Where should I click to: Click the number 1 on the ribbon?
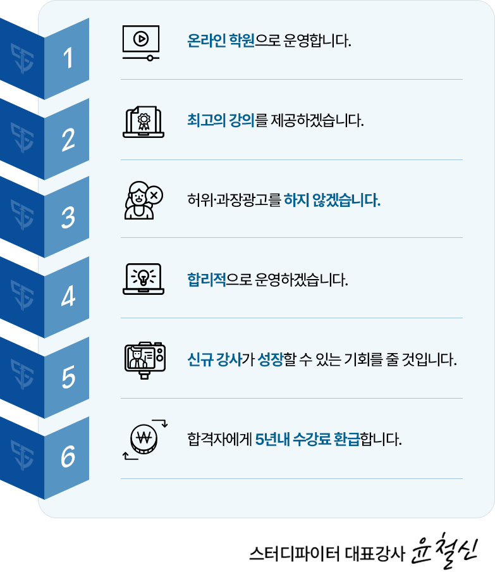pos(68,58)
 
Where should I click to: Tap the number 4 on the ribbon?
pos(68,296)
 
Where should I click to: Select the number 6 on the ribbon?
pos(68,456)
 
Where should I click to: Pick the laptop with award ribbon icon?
pos(144,122)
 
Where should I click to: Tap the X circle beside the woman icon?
pos(154,195)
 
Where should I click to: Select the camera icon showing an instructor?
pos(145,360)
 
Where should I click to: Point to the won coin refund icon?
pos(145,439)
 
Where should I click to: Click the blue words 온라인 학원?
pos(221,40)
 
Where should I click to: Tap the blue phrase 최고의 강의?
pos(221,120)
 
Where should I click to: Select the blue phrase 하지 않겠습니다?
pos(332,200)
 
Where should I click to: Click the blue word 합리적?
pos(207,280)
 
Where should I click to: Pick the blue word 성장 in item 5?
pos(271,359)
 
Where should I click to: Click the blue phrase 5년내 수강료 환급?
pos(307,439)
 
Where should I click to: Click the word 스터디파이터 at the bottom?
pos(294,553)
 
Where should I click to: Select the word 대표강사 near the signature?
pos(375,553)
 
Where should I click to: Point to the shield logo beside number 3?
pos(22,214)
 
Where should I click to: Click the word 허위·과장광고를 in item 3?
pos(234,200)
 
